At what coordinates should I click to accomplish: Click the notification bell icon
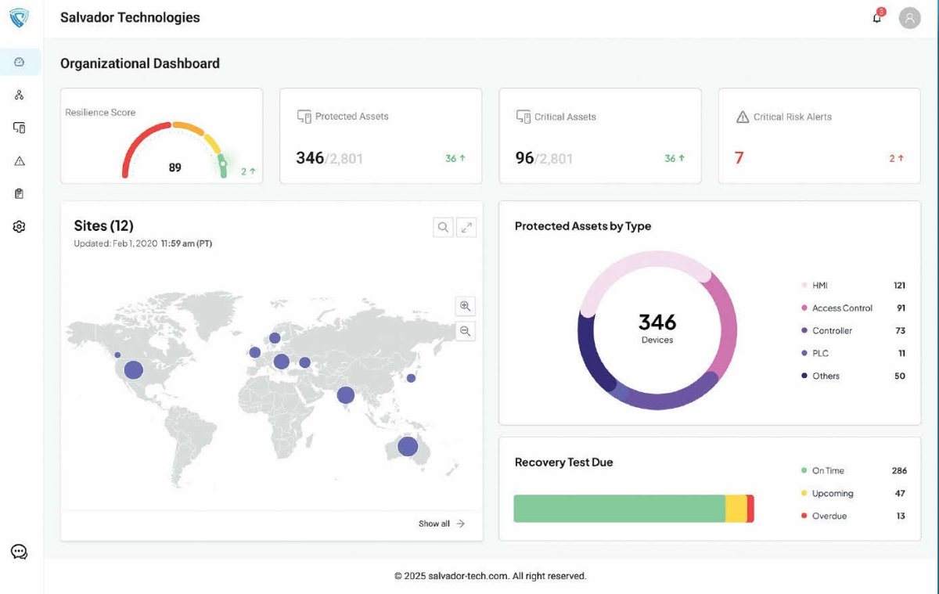(x=877, y=18)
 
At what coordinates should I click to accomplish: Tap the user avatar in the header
(x=909, y=18)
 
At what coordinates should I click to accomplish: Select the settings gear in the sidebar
(x=20, y=227)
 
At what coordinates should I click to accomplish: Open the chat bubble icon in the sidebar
(x=20, y=552)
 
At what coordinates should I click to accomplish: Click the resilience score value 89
(x=174, y=167)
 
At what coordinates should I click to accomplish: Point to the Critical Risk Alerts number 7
(x=739, y=158)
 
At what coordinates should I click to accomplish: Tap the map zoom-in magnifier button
(x=466, y=306)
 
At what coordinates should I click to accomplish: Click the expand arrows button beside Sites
(x=466, y=227)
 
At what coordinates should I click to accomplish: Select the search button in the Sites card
(x=443, y=227)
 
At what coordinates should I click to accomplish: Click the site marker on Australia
(x=408, y=446)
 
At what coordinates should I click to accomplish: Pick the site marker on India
(x=345, y=395)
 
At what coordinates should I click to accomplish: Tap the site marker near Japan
(x=411, y=379)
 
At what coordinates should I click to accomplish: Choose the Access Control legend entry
(x=842, y=308)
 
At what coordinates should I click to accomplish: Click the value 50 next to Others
(x=899, y=376)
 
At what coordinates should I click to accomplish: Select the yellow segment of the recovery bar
(x=736, y=509)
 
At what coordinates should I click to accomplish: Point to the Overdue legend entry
(x=829, y=517)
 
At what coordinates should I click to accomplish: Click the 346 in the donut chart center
(x=657, y=322)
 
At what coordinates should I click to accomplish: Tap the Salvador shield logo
(x=20, y=19)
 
